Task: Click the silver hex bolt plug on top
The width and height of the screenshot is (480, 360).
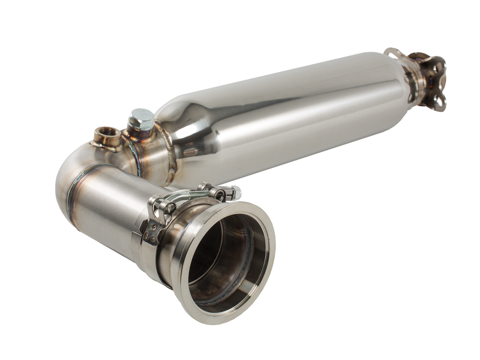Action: [x=142, y=119]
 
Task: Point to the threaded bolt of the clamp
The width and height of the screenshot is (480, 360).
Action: [x=192, y=196]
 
